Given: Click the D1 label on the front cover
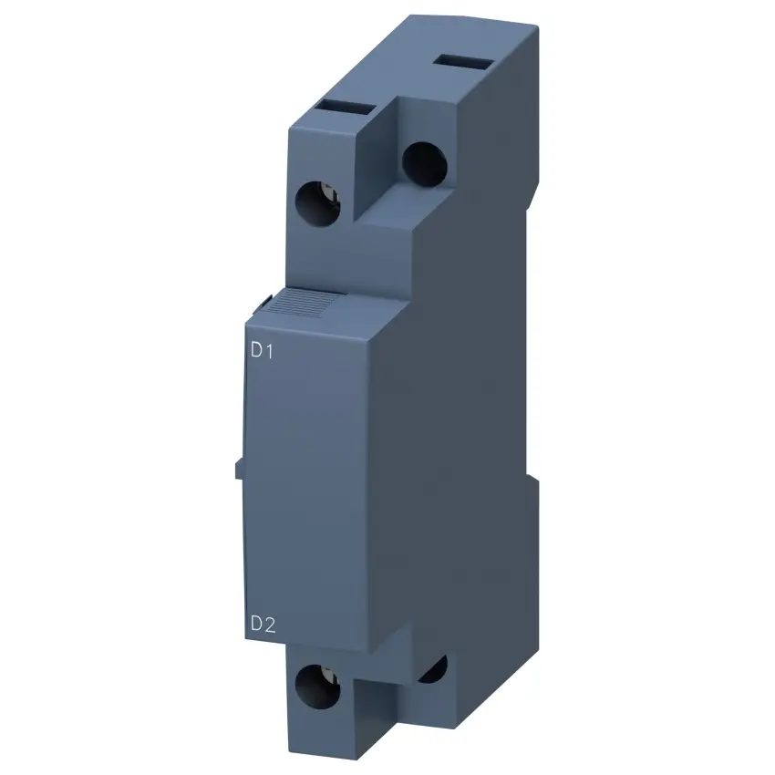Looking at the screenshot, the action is pyautogui.click(x=262, y=350).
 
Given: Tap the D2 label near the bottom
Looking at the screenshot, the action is pyautogui.click(x=263, y=624).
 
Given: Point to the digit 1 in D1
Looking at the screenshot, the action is pyautogui.click(x=269, y=350).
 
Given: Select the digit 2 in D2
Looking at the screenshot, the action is pyautogui.click(x=269, y=624).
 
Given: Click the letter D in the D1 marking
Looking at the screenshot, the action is pyautogui.click(x=256, y=350).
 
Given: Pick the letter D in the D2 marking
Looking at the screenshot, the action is pyautogui.click(x=256, y=624).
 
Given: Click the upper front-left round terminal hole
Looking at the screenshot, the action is pyautogui.click(x=317, y=204).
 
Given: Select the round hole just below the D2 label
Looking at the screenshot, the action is pyautogui.click(x=317, y=687).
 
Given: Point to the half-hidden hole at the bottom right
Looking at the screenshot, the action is pyautogui.click(x=434, y=670).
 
